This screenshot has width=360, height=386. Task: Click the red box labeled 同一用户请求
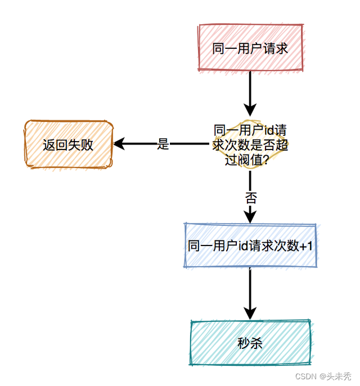[250, 48]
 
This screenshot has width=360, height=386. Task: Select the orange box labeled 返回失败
[68, 144]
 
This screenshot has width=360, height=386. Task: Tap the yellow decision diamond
[250, 144]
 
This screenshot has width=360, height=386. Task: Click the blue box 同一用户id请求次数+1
[250, 246]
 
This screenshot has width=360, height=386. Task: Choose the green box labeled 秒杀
[250, 343]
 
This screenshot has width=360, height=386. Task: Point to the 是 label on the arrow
[163, 144]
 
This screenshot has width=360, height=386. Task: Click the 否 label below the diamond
[251, 197]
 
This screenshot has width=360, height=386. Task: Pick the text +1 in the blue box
[307, 246]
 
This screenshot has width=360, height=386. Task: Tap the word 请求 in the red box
[276, 48]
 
